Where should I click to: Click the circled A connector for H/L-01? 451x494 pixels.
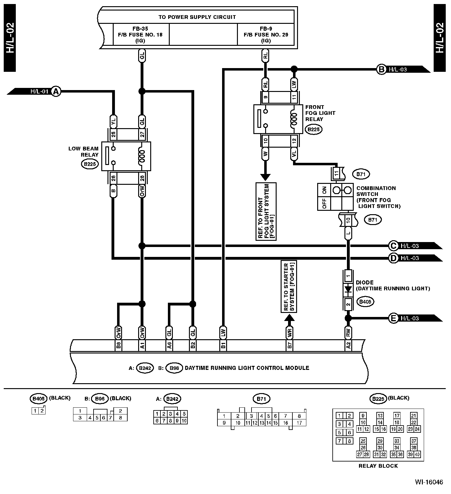(56, 92)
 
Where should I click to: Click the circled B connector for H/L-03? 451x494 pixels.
(381, 69)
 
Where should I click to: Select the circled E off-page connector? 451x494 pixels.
(393, 318)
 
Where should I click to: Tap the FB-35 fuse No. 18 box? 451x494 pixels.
(142, 34)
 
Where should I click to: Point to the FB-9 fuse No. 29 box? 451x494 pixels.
(266, 34)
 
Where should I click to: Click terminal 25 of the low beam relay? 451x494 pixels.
(113, 134)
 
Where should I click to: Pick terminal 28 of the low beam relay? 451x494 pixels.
(142, 178)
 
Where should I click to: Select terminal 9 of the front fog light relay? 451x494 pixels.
(265, 97)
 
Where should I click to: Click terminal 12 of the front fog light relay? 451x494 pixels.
(294, 141)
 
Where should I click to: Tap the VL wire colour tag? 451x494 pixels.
(294, 154)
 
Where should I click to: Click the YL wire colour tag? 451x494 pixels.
(113, 121)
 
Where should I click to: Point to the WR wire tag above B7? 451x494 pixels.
(289, 333)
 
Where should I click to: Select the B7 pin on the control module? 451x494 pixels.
(289, 345)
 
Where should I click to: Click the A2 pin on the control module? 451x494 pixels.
(348, 345)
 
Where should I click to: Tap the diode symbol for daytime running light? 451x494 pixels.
(348, 290)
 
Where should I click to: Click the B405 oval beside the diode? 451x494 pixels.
(366, 302)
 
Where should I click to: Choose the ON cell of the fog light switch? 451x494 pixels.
(324, 190)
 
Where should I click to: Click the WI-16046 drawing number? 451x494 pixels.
(429, 482)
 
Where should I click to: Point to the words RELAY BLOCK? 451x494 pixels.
(378, 466)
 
